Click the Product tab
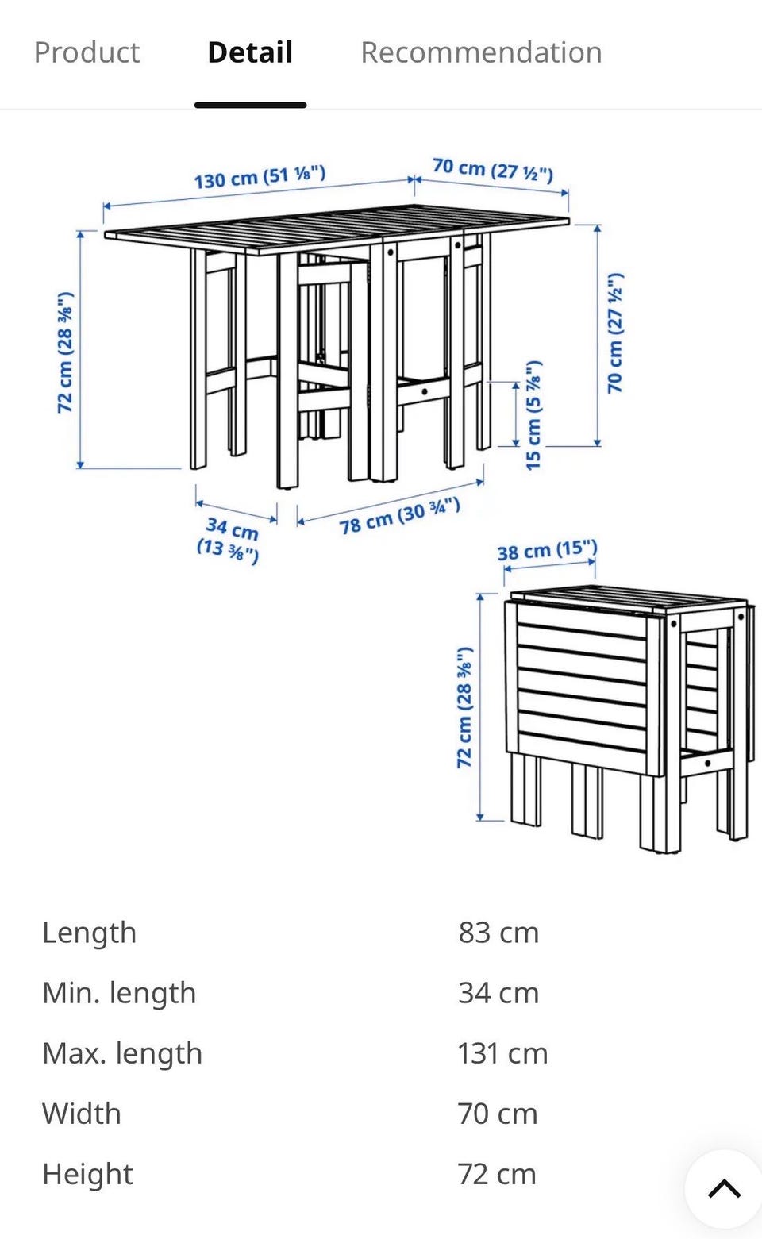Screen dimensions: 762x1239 87,53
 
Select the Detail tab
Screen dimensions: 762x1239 250,53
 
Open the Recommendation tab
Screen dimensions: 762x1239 481,53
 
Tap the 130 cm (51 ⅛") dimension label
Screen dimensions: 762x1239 260,176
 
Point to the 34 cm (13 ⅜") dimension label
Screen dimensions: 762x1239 229,540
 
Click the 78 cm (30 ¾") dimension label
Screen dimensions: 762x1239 400,516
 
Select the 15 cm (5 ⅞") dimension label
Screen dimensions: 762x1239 533,415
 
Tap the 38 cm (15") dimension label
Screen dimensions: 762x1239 548,550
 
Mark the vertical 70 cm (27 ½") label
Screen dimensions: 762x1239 615,333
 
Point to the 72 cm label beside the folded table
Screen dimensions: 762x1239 464,707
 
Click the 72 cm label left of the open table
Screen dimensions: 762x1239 65,352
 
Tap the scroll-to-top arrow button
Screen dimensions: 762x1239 724,1187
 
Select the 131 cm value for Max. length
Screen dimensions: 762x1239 502,1053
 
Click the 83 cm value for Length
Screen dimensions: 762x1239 498,933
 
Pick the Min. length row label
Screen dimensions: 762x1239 119,993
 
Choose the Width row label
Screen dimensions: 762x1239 82,1114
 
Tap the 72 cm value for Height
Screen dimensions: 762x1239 497,1174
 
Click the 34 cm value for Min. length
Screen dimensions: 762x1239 498,993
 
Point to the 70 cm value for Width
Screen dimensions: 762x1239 498,1114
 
